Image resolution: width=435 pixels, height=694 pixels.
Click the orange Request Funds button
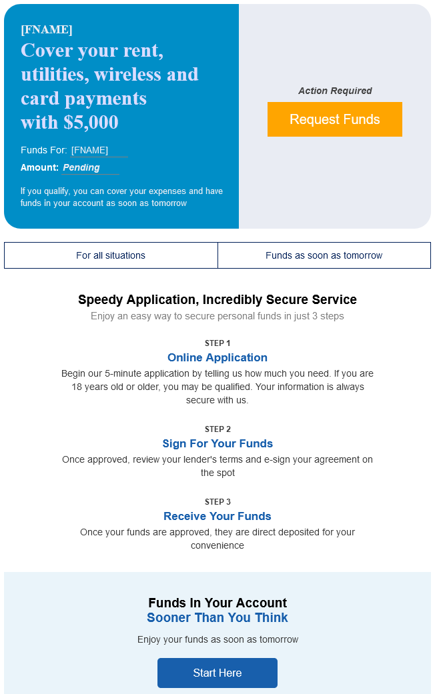tap(334, 119)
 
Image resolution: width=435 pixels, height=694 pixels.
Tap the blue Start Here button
tap(217, 673)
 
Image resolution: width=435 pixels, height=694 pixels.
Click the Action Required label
tap(335, 91)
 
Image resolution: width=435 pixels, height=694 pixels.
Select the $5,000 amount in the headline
tap(91, 122)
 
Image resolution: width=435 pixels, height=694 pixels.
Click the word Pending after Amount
tap(81, 167)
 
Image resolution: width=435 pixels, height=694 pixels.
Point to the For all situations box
tap(111, 255)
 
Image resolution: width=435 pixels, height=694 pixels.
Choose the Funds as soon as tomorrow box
tap(324, 255)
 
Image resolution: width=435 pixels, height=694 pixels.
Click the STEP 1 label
tap(217, 343)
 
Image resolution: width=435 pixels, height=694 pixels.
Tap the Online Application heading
tap(217, 357)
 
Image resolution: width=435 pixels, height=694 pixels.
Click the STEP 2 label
tap(217, 429)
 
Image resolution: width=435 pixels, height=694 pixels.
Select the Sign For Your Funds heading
tap(217, 443)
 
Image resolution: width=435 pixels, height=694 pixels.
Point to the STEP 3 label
tap(217, 502)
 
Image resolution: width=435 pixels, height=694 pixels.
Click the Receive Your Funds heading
tap(217, 516)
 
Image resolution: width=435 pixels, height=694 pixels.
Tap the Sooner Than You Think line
tap(217, 618)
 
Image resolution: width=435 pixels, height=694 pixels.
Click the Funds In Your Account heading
tap(217, 603)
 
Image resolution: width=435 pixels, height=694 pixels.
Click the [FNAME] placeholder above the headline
tap(47, 29)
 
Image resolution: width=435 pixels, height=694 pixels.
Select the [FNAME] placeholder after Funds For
tap(89, 150)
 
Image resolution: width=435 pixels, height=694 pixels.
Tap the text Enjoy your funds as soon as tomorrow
tap(217, 639)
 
